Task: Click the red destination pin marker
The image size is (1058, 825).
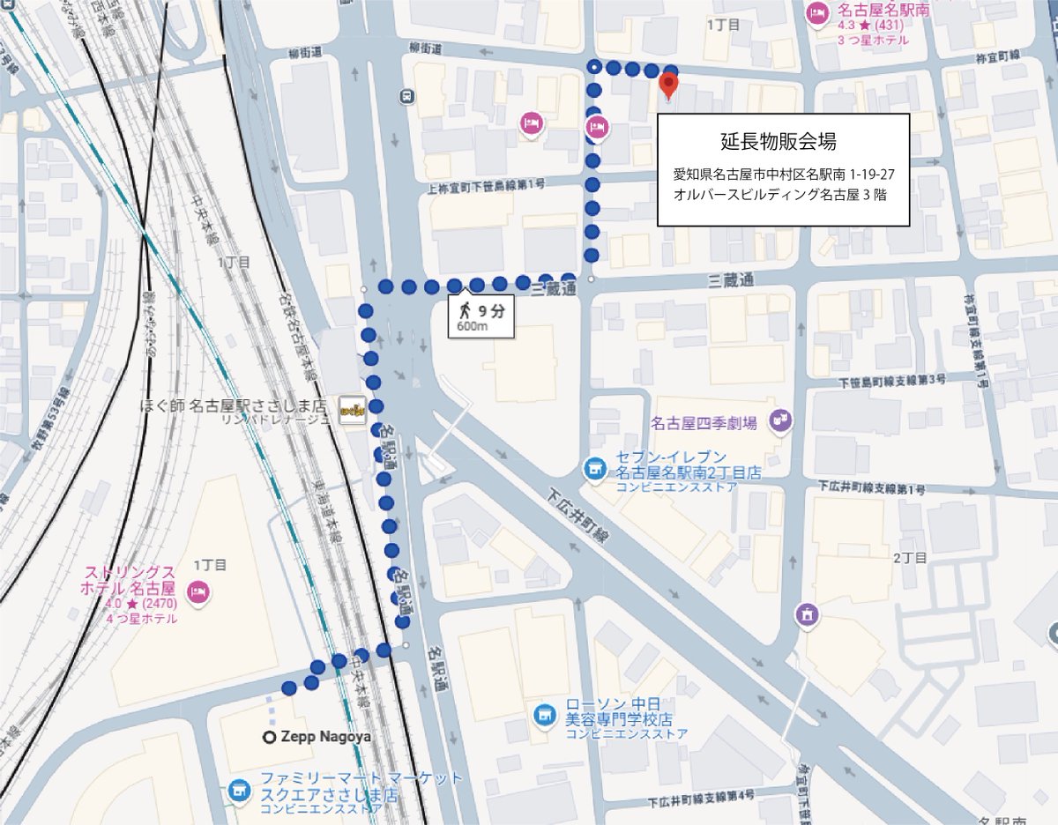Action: pos(669,86)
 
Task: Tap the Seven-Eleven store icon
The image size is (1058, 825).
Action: pos(596,466)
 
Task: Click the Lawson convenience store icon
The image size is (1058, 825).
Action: pos(545,712)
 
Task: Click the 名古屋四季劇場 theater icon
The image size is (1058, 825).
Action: pos(779,420)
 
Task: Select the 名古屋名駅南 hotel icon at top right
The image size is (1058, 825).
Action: pos(816,12)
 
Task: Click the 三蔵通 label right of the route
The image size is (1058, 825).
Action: pos(731,280)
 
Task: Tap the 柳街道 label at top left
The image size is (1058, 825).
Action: pos(311,54)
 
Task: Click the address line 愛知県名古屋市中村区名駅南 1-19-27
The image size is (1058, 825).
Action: pos(783,175)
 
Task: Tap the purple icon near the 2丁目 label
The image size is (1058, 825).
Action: pos(806,614)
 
